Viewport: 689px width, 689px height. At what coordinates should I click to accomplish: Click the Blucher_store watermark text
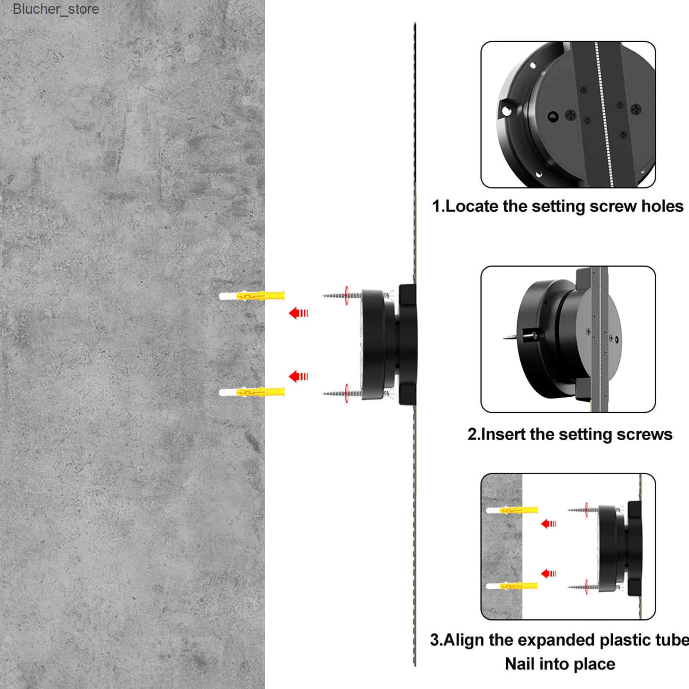[56, 9]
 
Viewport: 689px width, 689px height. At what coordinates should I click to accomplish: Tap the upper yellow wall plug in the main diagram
[252, 296]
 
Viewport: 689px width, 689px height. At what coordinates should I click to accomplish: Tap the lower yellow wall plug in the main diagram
[252, 392]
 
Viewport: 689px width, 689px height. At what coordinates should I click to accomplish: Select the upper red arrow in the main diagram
[298, 313]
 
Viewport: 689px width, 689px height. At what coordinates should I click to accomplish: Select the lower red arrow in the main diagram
[298, 377]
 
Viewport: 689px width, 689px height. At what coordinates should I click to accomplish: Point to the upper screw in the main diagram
[343, 295]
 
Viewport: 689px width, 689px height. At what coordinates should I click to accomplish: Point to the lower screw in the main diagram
[343, 393]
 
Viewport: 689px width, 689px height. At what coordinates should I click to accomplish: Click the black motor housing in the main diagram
[389, 344]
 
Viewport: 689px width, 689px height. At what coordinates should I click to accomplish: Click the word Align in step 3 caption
[464, 640]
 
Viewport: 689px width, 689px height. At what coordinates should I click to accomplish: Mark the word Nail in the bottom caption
[521, 664]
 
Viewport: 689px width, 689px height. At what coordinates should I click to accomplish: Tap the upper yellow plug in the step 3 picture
[512, 510]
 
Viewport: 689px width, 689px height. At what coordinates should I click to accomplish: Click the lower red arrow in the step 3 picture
[549, 573]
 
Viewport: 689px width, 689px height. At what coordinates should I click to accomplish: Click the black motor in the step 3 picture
[620, 550]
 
